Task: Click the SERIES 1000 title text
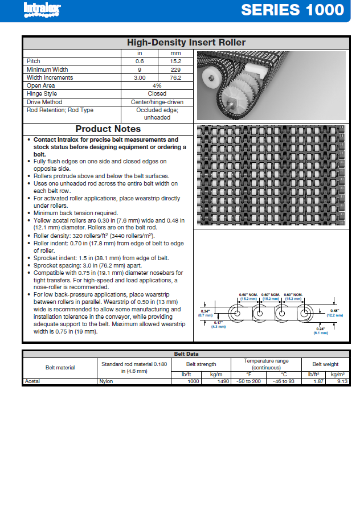point(292,10)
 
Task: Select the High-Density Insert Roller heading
point(186,43)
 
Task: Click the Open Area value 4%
point(157,85)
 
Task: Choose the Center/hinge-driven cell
point(157,102)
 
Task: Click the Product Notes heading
point(108,129)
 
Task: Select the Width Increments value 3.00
point(140,77)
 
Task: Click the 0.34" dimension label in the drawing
point(205,311)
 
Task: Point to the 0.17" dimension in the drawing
point(218,324)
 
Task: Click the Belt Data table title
point(186,353)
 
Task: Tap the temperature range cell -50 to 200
point(248,381)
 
